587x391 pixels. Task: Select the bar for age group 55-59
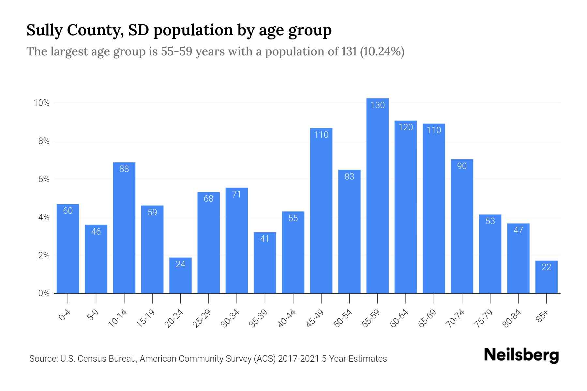[x=377, y=195]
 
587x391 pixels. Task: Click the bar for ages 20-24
[x=180, y=275]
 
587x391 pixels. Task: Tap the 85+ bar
[x=546, y=277]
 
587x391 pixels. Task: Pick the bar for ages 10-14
[x=124, y=228]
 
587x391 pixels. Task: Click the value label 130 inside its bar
[x=377, y=105]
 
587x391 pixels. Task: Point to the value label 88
[x=124, y=169]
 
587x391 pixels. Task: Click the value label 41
[x=265, y=239]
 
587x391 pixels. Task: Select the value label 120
[x=406, y=127]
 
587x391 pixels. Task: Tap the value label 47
[x=518, y=230]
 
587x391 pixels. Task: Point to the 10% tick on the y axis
[x=41, y=103]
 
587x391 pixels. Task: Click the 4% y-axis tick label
[x=44, y=217]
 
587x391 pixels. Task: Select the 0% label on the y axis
[x=44, y=293]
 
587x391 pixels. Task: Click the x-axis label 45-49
[x=315, y=318]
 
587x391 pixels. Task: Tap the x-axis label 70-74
[x=455, y=318]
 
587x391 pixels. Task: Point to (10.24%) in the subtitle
[x=382, y=51]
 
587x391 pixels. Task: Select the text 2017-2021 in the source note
[x=298, y=359]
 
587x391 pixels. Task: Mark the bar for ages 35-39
[x=265, y=263]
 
